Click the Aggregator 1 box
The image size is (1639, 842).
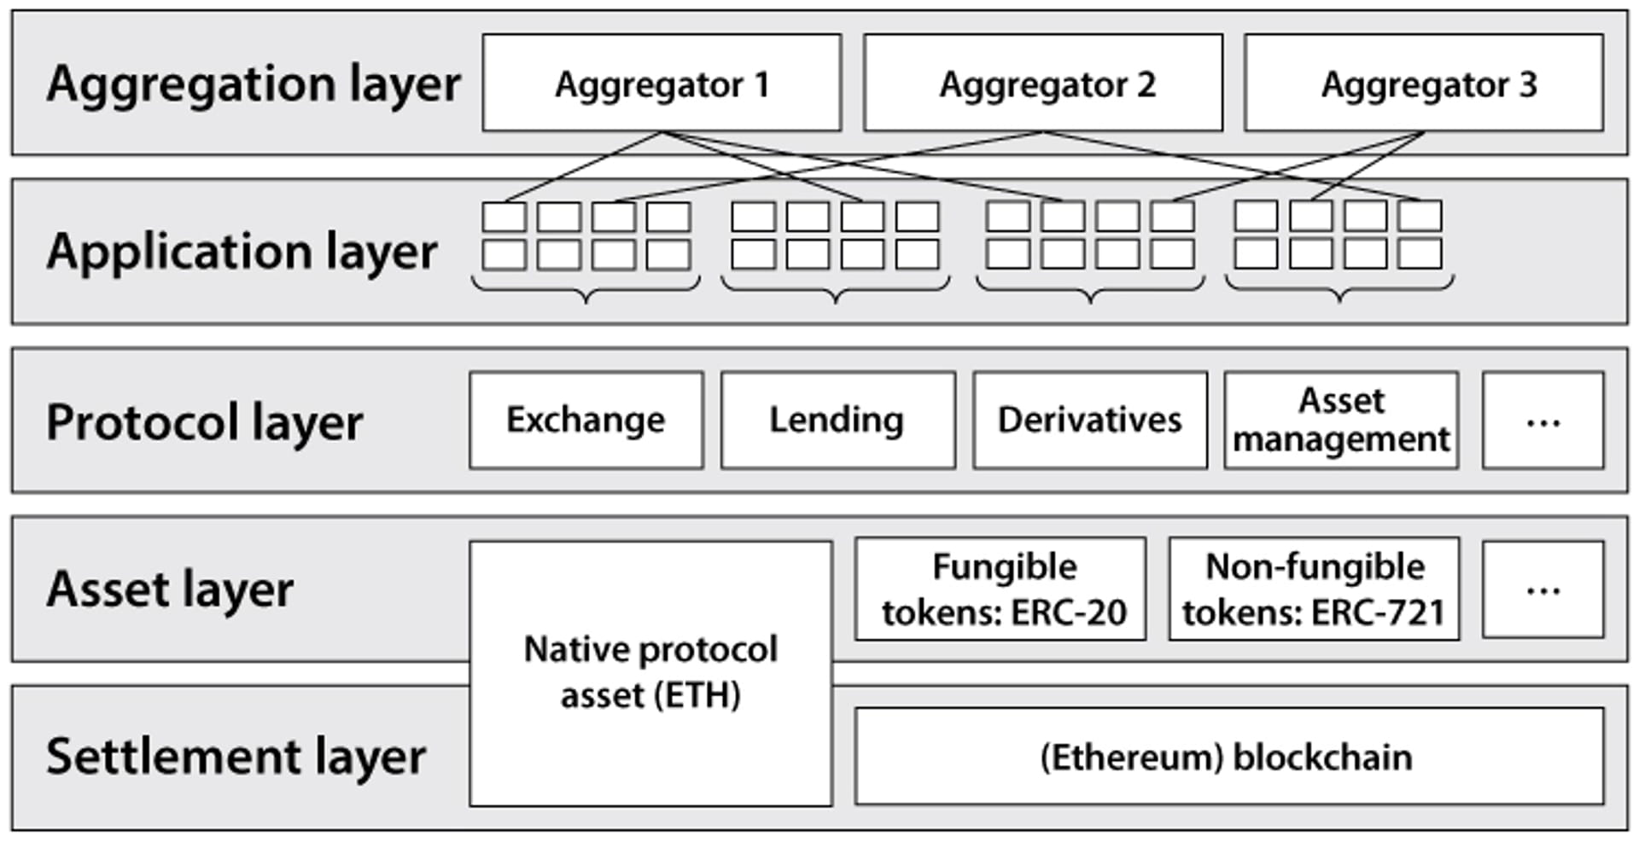click(662, 83)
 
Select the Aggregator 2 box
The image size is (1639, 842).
click(1043, 83)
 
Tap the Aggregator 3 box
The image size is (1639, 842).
click(1424, 83)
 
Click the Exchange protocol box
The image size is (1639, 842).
click(586, 420)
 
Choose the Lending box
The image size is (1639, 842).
click(838, 420)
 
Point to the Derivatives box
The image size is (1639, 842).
click(1090, 420)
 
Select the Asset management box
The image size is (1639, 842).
click(1341, 420)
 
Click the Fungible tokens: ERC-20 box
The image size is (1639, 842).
click(1000, 589)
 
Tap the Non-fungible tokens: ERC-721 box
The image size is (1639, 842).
click(1315, 589)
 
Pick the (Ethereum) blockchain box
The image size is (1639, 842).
click(1229, 756)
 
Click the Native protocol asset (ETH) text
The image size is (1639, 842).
click(650, 672)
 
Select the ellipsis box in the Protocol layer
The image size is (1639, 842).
click(1543, 420)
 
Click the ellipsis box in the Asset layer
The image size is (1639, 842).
click(1543, 589)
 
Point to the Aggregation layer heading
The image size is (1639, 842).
click(254, 84)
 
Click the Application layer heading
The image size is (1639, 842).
click(242, 252)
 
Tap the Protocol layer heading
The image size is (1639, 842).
click(205, 422)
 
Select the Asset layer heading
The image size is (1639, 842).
click(170, 589)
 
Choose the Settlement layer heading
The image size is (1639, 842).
click(236, 757)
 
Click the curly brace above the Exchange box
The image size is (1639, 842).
click(586, 290)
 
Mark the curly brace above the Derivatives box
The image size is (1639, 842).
click(1090, 290)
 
